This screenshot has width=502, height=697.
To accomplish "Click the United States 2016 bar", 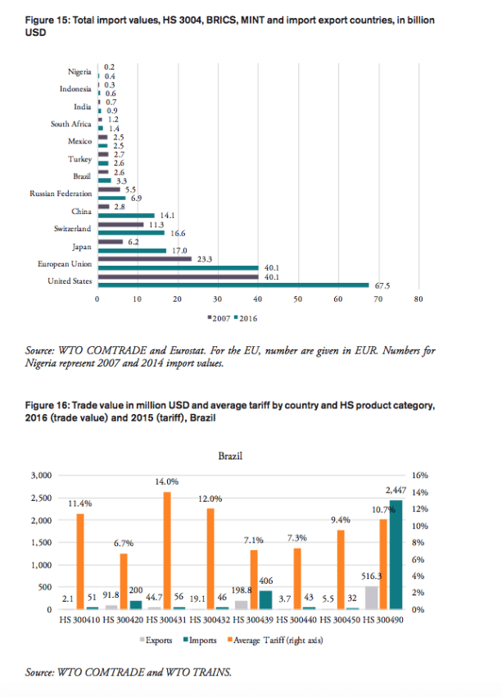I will point(233,285).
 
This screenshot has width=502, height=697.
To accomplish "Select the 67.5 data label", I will point(381,285).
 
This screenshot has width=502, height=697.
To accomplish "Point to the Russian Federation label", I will point(61,194).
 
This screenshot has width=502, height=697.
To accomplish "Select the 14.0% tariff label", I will point(167,481).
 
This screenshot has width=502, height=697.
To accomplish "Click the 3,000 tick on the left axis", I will point(40,476).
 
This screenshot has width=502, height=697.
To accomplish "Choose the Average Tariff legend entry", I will point(275,640).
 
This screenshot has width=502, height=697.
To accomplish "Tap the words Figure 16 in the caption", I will point(48,405).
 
